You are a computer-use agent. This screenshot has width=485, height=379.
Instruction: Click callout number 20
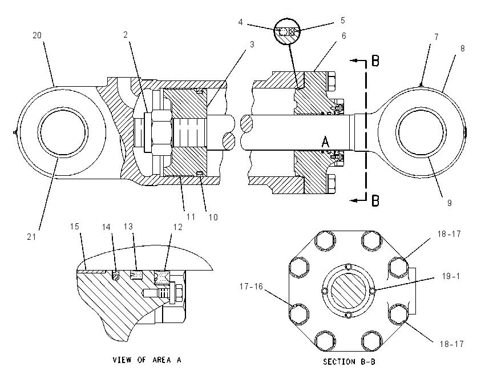(37, 35)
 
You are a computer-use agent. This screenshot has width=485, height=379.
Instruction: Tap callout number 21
(31, 237)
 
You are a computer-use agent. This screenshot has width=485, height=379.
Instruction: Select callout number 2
(126, 35)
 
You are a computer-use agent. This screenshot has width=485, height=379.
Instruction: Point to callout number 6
(343, 36)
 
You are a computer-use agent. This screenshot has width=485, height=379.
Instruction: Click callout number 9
(450, 203)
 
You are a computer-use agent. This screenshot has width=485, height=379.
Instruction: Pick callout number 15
(75, 227)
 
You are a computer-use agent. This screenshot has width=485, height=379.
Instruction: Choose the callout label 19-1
(451, 276)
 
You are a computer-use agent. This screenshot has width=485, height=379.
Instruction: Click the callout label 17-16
(251, 287)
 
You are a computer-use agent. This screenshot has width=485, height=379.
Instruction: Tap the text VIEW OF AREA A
(147, 360)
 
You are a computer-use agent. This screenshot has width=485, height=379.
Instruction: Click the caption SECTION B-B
(349, 362)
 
